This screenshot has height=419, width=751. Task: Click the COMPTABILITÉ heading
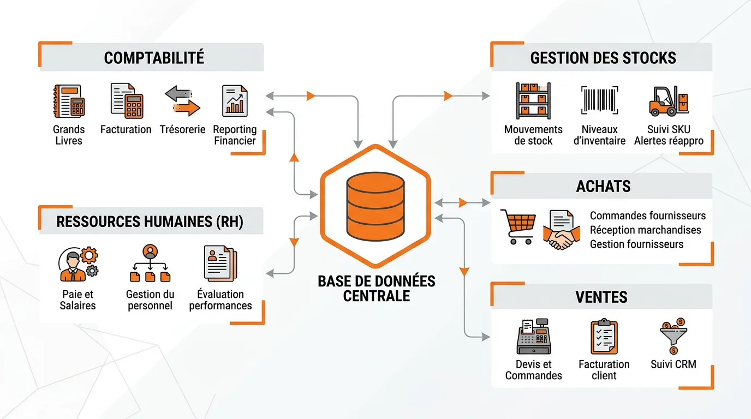[154, 58]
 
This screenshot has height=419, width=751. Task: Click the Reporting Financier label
[235, 135]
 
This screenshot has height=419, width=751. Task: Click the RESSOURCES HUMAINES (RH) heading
[150, 222]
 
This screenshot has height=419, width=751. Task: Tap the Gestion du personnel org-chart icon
[150, 263]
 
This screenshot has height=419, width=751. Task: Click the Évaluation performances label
[220, 300]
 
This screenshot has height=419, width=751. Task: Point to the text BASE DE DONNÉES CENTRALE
[377, 289]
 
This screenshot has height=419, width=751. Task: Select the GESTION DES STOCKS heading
[603, 58]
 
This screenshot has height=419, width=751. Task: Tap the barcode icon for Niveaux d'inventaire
[599, 100]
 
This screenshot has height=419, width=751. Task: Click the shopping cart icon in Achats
[517, 227]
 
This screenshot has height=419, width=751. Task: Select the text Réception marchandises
[645, 230]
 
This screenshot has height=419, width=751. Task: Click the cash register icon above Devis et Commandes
[533, 336]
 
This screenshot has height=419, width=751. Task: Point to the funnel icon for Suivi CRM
[673, 335]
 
